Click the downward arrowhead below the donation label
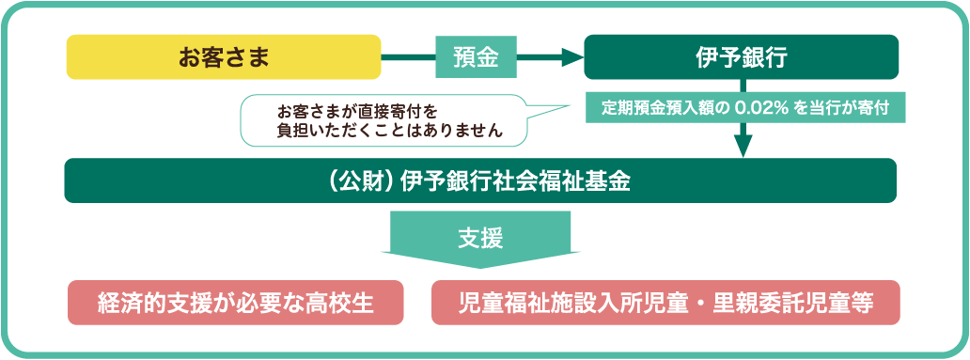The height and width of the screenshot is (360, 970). [x=743, y=146]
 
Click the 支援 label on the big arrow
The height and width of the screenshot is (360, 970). [x=480, y=238]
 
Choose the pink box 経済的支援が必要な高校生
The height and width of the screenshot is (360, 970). [x=235, y=304]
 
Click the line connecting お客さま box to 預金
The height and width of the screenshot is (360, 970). [x=408, y=57]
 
